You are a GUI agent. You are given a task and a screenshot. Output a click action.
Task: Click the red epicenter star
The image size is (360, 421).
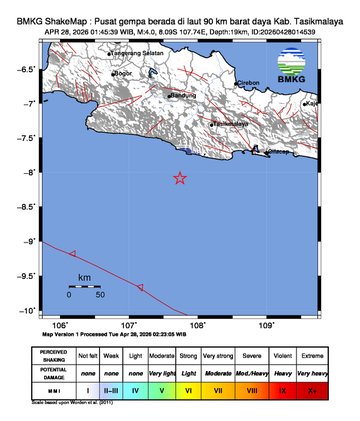coord(180,179)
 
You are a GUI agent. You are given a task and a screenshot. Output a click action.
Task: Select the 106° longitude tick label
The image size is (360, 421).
coord(60,325)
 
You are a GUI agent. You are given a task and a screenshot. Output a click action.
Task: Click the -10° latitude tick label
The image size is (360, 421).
coord(33,311)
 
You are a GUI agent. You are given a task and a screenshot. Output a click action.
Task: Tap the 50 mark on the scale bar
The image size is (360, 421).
coord(99,295)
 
